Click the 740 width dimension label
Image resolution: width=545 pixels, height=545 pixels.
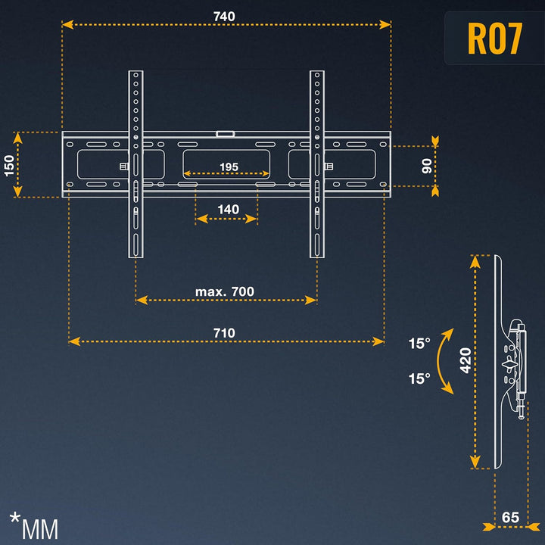[x=224, y=16]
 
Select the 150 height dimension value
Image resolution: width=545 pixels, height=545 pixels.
[x=9, y=165]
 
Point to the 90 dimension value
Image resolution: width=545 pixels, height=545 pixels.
[x=426, y=166]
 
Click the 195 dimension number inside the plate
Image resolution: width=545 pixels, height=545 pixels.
[x=229, y=167]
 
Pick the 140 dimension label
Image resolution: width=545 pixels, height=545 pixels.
[x=228, y=210]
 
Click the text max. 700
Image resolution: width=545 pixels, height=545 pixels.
[x=225, y=291]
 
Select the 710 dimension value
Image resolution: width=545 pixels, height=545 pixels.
[x=224, y=332]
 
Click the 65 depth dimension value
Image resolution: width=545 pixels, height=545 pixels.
[x=511, y=517]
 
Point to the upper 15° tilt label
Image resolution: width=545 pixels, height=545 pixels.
[x=419, y=343]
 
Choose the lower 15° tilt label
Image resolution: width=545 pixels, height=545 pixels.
[x=419, y=378]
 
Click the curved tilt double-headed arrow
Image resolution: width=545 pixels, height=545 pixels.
[x=446, y=361]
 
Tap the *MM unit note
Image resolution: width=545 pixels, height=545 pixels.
[x=33, y=524]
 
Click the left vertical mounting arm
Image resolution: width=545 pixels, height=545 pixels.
[x=135, y=163]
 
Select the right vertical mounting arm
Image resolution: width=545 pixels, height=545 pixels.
[x=316, y=163]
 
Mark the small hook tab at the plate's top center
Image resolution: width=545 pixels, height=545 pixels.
[x=226, y=134]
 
